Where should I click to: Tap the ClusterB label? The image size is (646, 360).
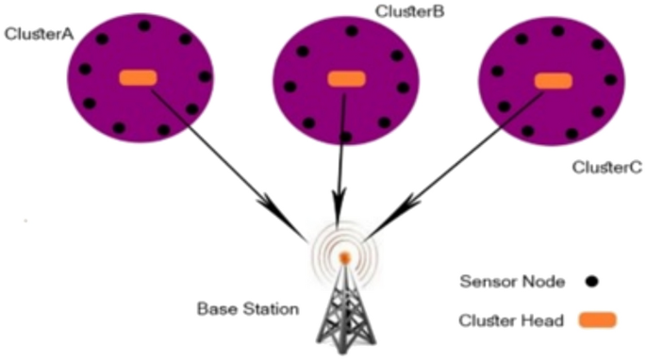(409, 11)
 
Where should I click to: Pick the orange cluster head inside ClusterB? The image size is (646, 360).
(346, 78)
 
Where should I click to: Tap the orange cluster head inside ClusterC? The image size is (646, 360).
(552, 81)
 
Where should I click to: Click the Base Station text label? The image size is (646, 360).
(235, 308)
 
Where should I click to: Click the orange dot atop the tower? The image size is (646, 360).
(345, 256)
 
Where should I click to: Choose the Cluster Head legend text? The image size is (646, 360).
(510, 320)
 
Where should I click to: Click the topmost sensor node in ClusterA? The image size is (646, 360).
(144, 25)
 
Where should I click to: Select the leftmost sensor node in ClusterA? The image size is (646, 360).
(85, 69)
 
